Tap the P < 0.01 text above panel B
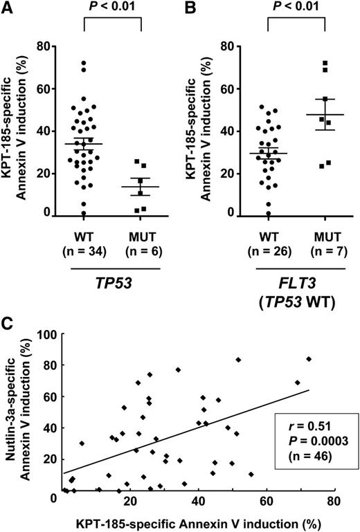coord(296,8)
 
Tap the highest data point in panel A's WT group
coord(84,64)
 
